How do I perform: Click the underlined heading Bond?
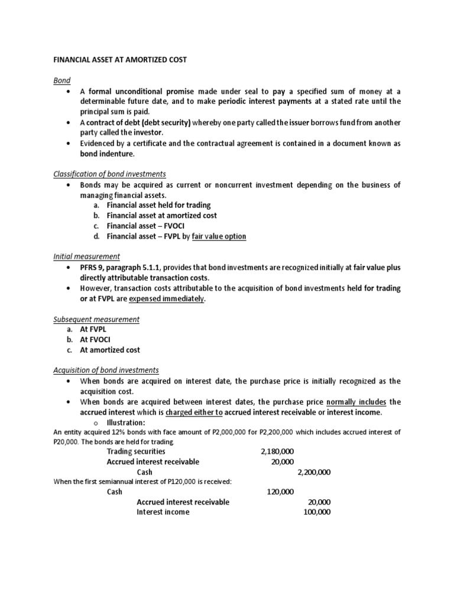click(x=62, y=80)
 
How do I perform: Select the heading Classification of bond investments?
click(x=109, y=174)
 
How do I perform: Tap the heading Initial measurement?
click(x=86, y=256)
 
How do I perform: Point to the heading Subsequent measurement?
click(x=96, y=319)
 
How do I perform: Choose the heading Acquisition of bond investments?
click(x=106, y=370)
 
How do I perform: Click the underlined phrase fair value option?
click(x=215, y=236)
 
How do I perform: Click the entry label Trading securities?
click(x=136, y=451)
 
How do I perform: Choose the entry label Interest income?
click(x=163, y=512)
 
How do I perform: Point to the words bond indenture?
click(x=107, y=154)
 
